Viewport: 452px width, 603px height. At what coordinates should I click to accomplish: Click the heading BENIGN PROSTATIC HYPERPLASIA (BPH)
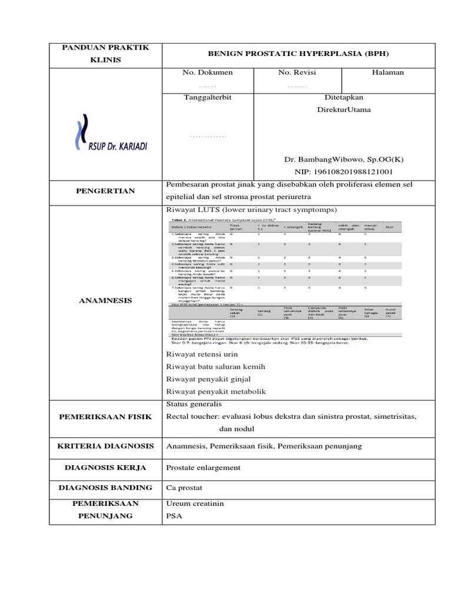coord(298,54)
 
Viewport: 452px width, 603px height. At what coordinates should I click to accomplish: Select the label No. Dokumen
coord(207,72)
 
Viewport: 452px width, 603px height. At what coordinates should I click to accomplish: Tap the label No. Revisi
coord(297,72)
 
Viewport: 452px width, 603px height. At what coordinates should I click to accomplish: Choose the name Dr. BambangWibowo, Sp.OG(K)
coord(344,160)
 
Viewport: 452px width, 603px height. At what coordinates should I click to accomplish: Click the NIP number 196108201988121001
coord(344,172)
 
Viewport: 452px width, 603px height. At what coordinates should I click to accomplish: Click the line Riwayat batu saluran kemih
coord(215,366)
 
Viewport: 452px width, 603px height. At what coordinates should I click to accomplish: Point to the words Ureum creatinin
coord(195,503)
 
